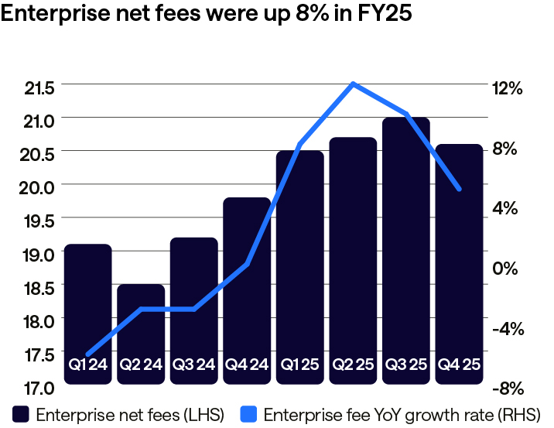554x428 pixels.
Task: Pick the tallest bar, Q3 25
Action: pos(405,248)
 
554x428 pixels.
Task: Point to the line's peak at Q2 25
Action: pos(353,84)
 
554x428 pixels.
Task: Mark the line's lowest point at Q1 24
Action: pos(87,354)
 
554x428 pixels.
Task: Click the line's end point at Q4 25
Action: pos(460,189)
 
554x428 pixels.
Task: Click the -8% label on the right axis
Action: pos(511,388)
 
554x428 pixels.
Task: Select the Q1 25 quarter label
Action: pos(299,364)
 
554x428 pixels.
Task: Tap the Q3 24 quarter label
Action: pos(193,364)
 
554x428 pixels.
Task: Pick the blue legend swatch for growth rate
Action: pos(248,414)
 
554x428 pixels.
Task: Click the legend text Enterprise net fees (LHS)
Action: pos(129,415)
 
